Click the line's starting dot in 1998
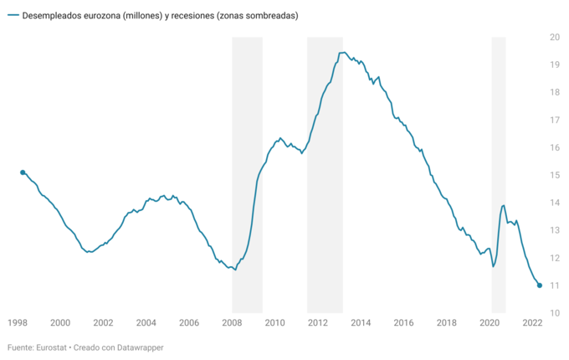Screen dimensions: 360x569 click(23, 172)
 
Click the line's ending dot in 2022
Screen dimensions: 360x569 click(540, 285)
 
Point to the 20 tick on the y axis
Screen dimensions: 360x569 click(554, 37)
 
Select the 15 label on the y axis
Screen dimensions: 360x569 click(554, 175)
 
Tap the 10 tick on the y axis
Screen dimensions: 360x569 click(554, 313)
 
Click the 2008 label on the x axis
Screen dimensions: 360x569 click(232, 322)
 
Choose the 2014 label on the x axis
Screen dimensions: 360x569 click(361, 322)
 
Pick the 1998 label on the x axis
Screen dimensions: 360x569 click(17, 322)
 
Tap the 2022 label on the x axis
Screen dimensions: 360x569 click(533, 322)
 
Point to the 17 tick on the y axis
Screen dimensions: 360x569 click(554, 120)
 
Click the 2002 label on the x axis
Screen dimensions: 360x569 click(103, 322)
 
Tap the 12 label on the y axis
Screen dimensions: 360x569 click(554, 258)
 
